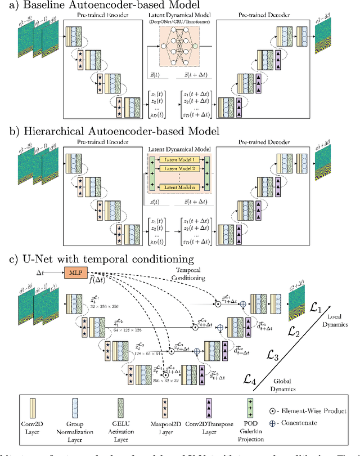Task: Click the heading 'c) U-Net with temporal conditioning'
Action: point(101,260)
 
